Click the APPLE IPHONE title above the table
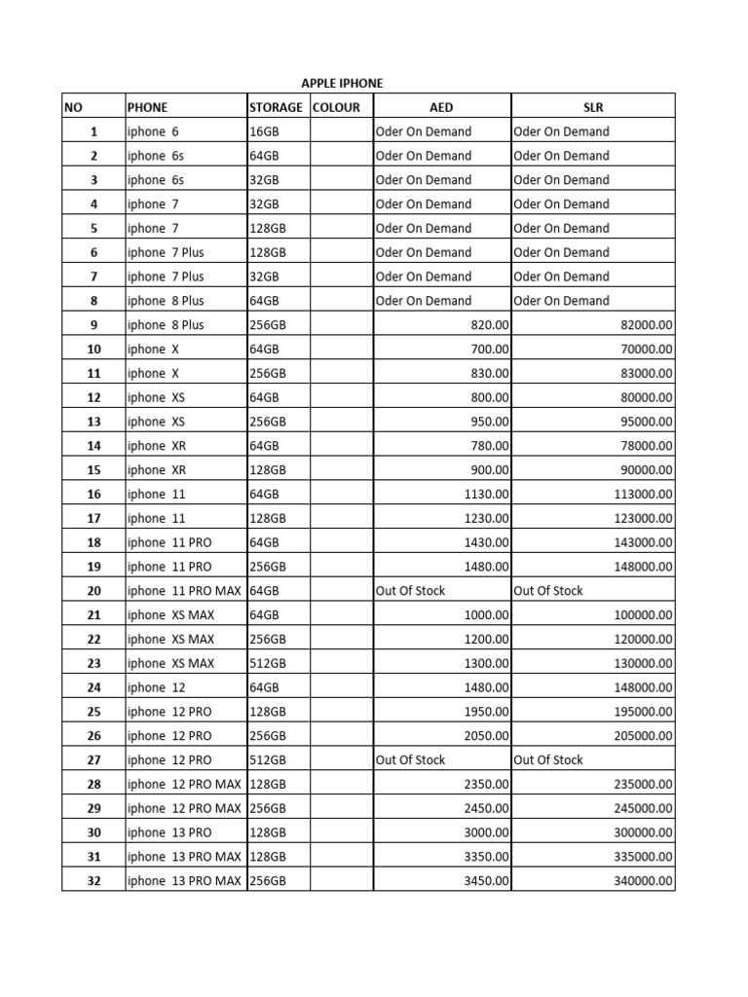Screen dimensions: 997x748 point(342,84)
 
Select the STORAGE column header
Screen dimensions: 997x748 point(276,107)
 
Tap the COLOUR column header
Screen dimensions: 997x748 point(336,107)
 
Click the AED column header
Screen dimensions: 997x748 point(441,107)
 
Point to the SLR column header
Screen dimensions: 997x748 point(592,107)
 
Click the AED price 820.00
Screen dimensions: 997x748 point(488,325)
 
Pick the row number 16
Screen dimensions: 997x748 point(93,495)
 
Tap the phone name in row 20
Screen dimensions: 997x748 point(184,591)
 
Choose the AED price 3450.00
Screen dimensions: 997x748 point(484,881)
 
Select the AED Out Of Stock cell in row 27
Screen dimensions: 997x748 point(410,760)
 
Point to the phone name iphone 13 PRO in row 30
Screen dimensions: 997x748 point(169,832)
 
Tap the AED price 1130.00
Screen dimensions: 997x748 point(484,495)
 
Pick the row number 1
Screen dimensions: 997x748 point(93,131)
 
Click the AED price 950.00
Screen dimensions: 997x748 point(488,422)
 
